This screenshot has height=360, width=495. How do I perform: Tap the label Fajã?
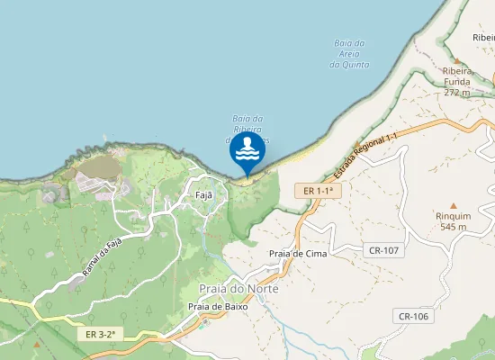(203, 194)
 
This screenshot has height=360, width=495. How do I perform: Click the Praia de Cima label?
(298, 254)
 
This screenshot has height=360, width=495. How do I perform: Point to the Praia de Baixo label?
(218, 306)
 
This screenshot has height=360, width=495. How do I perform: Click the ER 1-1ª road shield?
(319, 191)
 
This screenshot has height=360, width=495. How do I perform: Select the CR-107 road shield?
(384, 248)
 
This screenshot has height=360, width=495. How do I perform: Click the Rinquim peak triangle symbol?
(453, 206)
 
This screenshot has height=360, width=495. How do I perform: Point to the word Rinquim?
(453, 216)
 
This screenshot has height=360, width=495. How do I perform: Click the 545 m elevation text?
(453, 227)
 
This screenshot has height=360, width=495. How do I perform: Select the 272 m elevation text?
(457, 92)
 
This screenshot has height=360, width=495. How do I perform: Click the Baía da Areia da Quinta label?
(348, 53)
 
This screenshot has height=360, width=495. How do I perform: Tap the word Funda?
(457, 81)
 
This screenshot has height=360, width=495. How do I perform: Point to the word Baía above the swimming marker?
(240, 118)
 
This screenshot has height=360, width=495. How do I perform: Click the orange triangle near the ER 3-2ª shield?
(36, 343)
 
